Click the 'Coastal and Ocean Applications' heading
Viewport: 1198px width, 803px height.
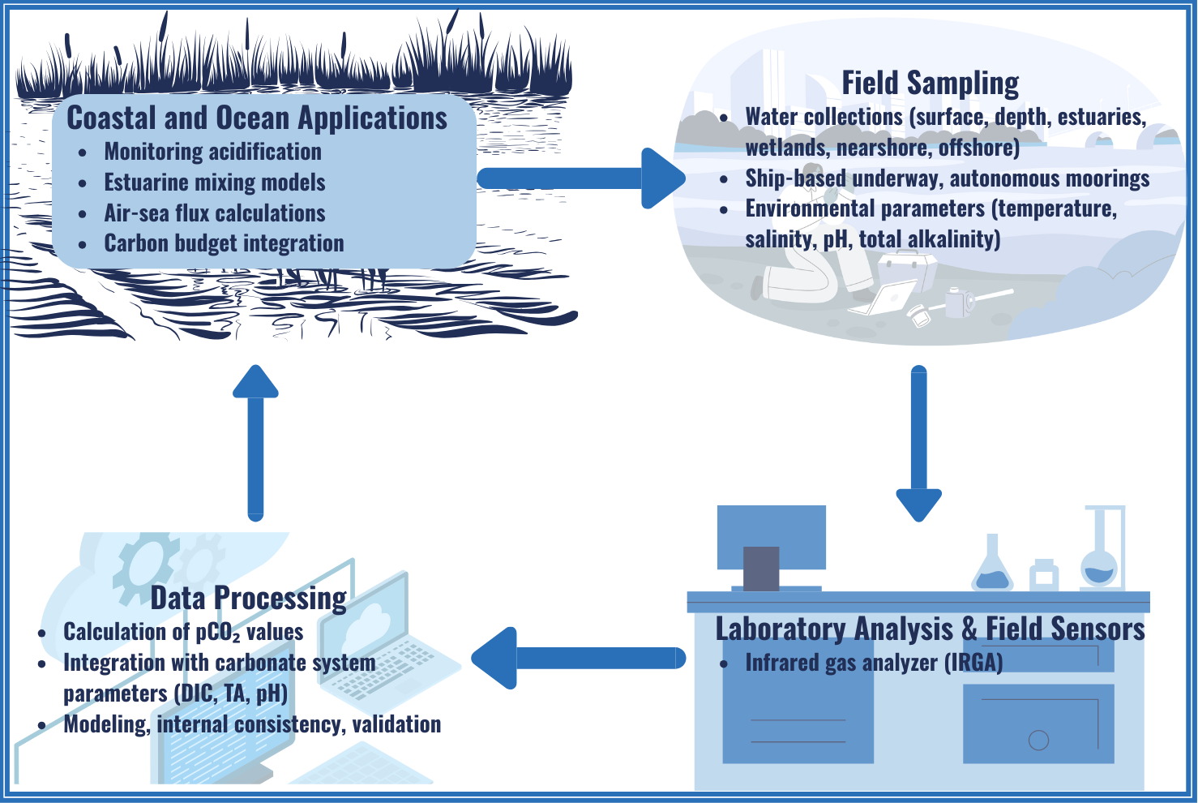click(256, 118)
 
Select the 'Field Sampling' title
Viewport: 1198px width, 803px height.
click(930, 84)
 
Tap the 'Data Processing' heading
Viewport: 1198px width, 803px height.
click(248, 599)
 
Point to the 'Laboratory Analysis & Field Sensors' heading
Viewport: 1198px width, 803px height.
click(930, 629)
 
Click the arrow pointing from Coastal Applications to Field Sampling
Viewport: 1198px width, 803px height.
click(580, 178)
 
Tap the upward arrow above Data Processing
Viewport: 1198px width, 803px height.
click(255, 443)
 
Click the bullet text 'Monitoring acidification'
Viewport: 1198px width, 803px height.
click(212, 152)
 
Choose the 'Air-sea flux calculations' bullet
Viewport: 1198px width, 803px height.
click(215, 213)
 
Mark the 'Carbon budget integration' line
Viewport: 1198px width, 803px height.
click(224, 243)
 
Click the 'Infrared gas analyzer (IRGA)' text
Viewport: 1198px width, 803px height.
click(874, 663)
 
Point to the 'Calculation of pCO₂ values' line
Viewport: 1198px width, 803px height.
click(183, 632)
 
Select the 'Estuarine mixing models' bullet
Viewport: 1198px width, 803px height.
click(215, 182)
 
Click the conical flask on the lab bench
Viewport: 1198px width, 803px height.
click(992, 566)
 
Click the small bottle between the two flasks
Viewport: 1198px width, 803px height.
click(1044, 575)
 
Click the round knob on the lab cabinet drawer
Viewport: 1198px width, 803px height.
click(1038, 740)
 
